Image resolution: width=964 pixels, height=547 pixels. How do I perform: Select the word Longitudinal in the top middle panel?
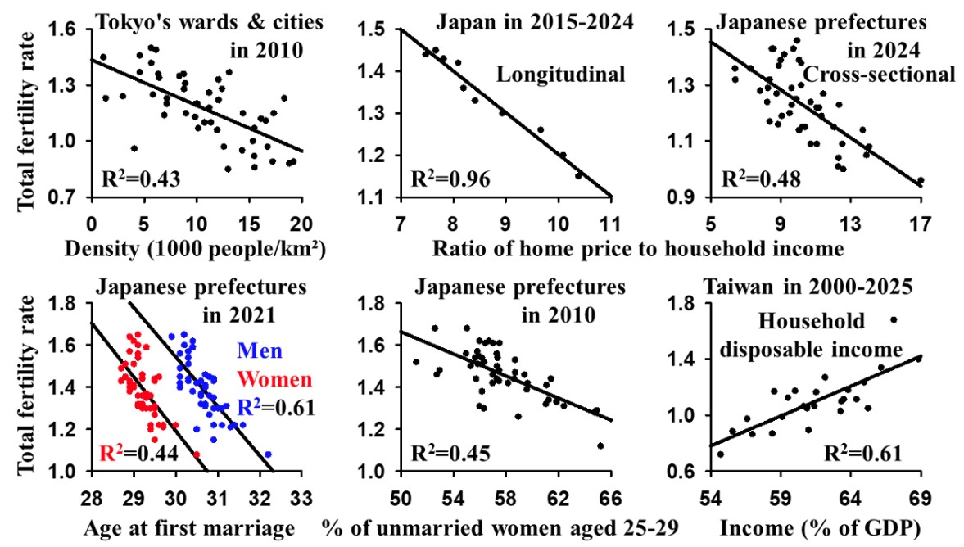(x=560, y=75)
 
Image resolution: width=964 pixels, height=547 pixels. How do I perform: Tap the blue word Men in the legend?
(x=261, y=353)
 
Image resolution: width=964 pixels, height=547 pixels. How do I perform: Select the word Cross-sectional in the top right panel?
(x=879, y=75)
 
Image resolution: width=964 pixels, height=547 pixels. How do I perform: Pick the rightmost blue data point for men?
(x=268, y=454)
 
